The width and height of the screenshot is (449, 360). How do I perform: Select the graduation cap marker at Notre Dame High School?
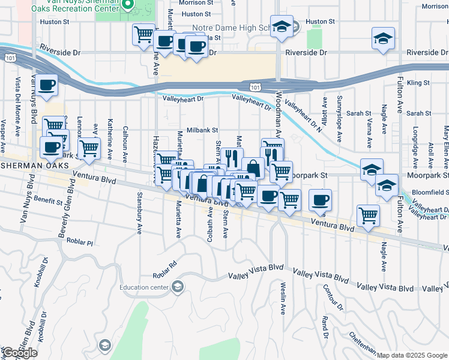click(281, 27)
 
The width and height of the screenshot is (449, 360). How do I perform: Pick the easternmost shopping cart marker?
click(367, 215)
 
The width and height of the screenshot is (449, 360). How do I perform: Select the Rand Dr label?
click(325, 327)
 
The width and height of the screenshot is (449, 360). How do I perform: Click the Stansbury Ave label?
click(139, 221)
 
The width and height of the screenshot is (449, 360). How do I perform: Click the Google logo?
click(20, 353)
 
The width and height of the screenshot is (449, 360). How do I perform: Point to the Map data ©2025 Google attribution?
click(412, 355)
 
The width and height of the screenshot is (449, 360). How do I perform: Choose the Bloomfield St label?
click(430, 193)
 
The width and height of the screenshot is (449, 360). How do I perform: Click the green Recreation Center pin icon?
click(127, 5)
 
